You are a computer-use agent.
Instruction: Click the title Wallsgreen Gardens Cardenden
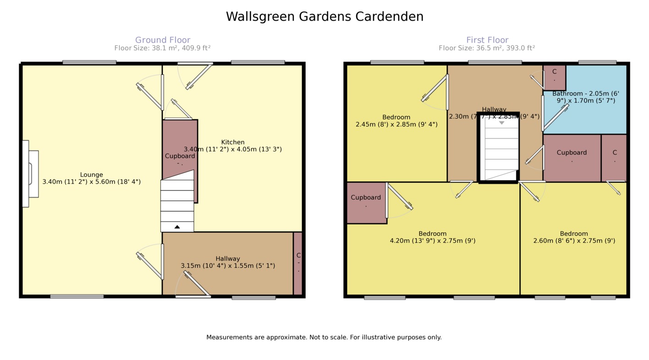coord(324,17)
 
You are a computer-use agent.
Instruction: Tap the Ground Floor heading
coord(163,40)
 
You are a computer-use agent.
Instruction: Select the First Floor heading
coord(487,40)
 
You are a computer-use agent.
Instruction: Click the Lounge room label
coord(92,175)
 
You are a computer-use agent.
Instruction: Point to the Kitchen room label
coord(233,142)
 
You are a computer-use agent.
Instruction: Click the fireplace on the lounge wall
coord(30,174)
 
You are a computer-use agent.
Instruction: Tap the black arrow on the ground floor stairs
coord(177,227)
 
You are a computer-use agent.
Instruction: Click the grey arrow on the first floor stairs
coord(502,123)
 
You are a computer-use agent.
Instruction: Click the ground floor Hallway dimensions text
coord(228,266)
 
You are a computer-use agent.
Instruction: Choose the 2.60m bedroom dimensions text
coord(574,240)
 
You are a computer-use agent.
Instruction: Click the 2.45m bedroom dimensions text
coord(396,124)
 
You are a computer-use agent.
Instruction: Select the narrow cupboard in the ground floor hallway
coord(298,263)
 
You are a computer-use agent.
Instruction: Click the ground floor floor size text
coord(162,48)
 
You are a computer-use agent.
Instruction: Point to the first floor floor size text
coord(486,48)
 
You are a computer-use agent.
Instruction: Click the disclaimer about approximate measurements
coord(324,338)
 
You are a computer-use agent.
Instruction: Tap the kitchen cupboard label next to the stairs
coord(180,156)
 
